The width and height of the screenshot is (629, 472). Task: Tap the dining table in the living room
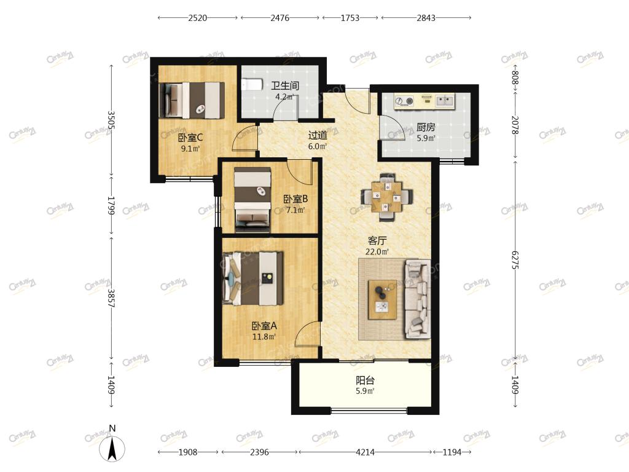pos(386,197)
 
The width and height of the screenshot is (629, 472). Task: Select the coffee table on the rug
pos(382,299)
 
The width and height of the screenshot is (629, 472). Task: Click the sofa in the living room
pos(417,299)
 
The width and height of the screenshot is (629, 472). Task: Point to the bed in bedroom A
pos(252,278)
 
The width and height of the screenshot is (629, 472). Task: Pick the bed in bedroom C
pos(192,100)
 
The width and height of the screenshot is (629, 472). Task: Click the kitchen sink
pos(445,100)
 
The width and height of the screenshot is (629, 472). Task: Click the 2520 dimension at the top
pos(197,18)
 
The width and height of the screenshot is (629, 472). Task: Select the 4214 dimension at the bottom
pos(365,452)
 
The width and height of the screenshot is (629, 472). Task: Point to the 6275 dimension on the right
pos(515,260)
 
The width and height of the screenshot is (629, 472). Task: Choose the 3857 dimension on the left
pos(111,298)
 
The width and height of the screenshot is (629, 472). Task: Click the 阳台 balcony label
pos(365,380)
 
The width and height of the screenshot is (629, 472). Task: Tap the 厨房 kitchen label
pos(426,127)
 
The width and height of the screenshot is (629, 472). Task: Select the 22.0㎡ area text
pos(377,251)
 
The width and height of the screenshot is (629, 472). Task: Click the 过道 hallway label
pos(318,135)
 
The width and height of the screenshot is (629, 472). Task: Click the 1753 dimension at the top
pos(350,18)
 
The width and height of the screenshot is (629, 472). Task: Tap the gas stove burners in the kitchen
pos(404,101)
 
